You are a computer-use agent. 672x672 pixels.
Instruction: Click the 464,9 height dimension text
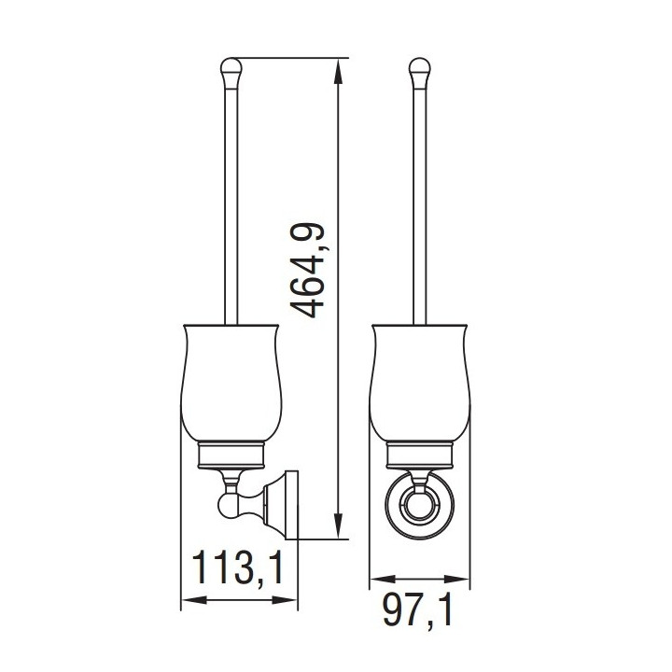(307, 272)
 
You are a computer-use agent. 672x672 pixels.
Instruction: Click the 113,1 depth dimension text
(238, 567)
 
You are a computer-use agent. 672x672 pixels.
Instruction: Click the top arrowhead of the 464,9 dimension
(339, 71)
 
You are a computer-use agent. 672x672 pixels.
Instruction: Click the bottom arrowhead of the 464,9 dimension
(339, 525)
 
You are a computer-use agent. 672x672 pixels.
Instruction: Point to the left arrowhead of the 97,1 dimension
(383, 580)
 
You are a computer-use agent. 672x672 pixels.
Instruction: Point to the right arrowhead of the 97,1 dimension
(456, 580)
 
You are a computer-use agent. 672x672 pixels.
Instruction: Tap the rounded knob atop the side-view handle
(231, 71)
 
